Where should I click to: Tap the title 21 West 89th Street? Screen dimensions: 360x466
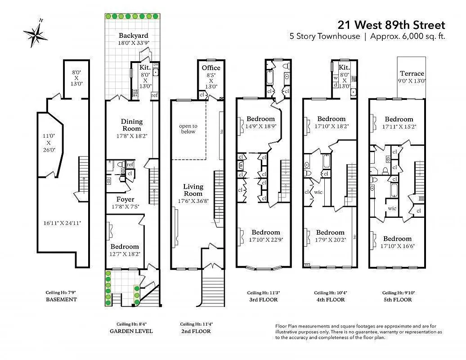tap(391, 25)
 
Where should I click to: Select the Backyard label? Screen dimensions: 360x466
tap(133, 36)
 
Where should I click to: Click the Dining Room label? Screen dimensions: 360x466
tap(132, 125)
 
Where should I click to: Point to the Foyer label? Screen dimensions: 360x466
tap(125, 199)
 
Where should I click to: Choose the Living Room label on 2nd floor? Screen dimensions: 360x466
tap(193, 190)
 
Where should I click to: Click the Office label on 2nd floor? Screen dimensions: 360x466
tap(211, 68)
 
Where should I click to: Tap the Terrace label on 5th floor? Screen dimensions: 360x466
tap(412, 73)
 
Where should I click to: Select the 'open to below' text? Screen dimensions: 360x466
tap(188, 129)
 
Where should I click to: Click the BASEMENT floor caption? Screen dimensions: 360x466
tap(61, 299)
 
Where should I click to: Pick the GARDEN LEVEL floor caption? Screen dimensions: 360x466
tap(131, 331)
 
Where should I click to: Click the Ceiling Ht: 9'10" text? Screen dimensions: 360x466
tap(399, 292)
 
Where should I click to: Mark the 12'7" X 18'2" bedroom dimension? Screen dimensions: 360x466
tap(125, 254)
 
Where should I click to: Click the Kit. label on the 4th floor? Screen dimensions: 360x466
tap(345, 67)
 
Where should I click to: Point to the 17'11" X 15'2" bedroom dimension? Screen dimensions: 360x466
tap(399, 127)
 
